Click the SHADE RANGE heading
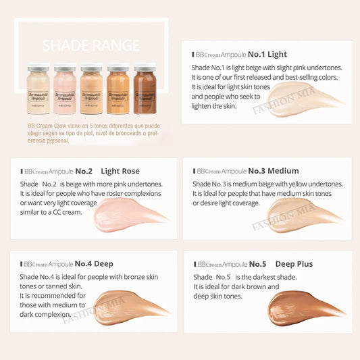(x=91, y=47)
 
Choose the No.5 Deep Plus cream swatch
(x=304, y=307)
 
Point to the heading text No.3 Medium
(x=274, y=171)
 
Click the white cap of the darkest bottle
(x=144, y=67)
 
